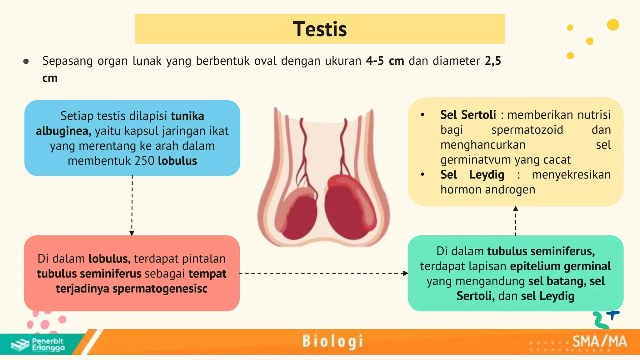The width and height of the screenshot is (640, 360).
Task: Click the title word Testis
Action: tap(320, 29)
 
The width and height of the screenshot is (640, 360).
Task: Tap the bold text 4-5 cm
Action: tap(385, 61)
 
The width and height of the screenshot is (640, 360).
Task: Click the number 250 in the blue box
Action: tap(144, 161)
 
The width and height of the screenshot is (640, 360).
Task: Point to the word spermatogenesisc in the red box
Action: tap(160, 288)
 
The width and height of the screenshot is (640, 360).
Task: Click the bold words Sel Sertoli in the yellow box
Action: tap(468, 115)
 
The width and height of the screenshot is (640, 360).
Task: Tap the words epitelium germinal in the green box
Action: tap(560, 266)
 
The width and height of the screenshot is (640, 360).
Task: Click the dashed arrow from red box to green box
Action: tap(323, 273)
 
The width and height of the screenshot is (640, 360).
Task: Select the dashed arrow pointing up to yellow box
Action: tap(516, 221)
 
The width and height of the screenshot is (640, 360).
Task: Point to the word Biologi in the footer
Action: tap(332, 341)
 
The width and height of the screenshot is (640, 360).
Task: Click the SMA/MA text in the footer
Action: tap(599, 342)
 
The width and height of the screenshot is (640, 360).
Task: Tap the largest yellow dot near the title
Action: tap(613, 25)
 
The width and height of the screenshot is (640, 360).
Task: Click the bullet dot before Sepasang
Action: tap(26, 61)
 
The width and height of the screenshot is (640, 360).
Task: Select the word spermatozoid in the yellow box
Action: tap(527, 130)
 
